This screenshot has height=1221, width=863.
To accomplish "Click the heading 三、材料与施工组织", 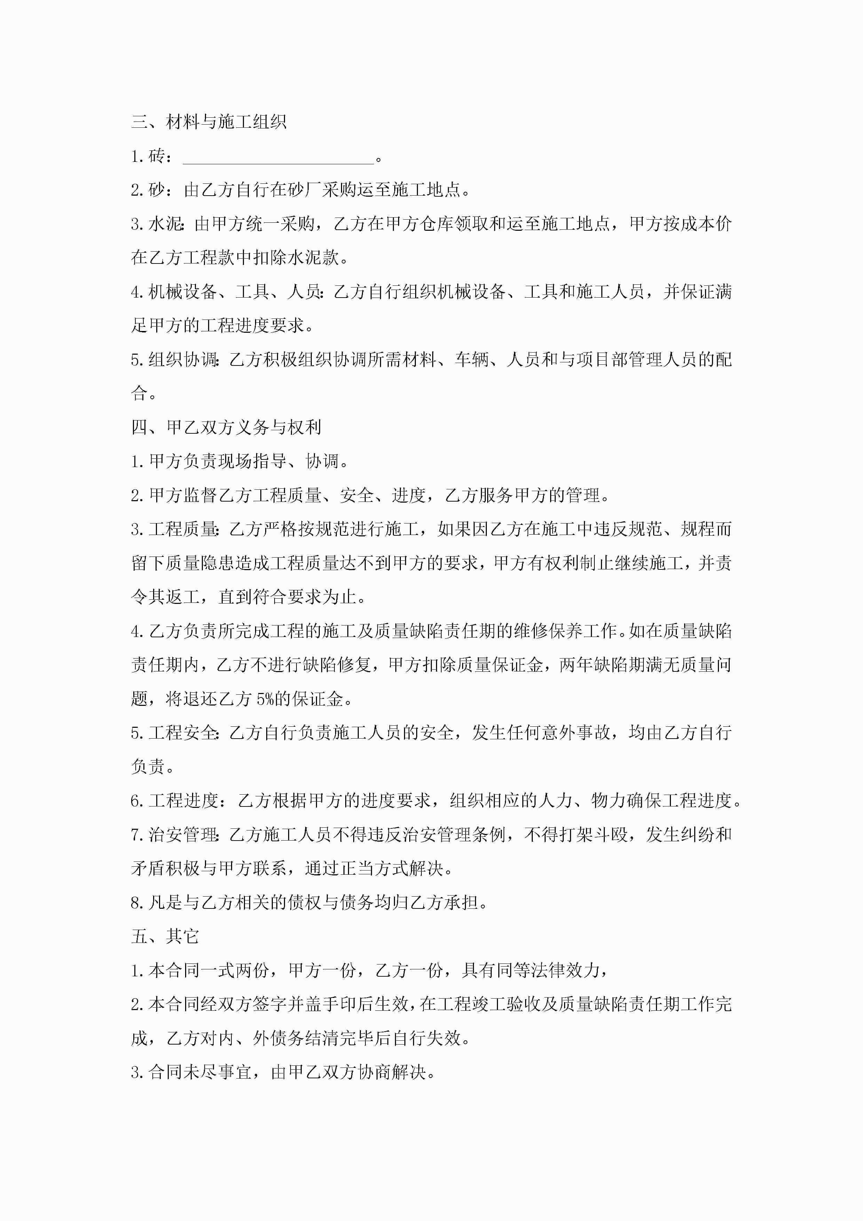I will click(209, 122).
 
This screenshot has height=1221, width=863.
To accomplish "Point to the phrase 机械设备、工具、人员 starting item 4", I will click(235, 292).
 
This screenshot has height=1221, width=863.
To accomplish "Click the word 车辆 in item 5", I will click(471, 360).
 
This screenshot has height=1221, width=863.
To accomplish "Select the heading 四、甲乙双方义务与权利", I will click(226, 427).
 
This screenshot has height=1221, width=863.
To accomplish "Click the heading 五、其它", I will click(165, 936).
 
